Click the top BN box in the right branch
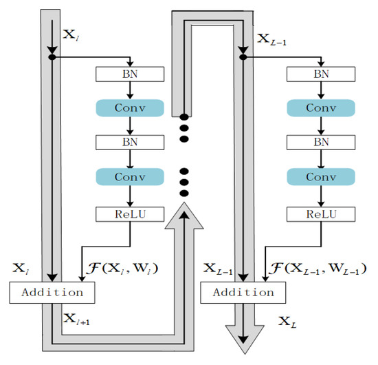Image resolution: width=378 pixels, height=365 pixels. click(321, 73)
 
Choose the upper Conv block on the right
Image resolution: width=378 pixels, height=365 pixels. click(321, 108)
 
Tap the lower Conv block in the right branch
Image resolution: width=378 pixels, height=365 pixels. click(321, 177)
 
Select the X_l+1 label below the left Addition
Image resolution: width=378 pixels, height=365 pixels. click(77, 318)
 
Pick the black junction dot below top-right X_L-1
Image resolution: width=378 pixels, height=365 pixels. click(242, 57)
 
